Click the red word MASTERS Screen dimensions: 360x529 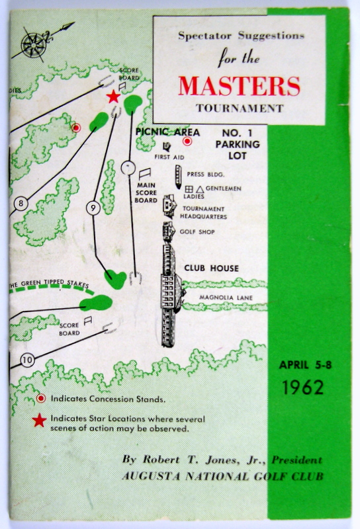[239, 86]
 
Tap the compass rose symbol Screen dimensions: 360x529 [34, 45]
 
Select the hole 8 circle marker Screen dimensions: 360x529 [21, 204]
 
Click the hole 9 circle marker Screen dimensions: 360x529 [93, 208]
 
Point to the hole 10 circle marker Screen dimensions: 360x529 [27, 360]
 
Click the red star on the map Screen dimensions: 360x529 [113, 97]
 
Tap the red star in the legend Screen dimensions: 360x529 [39, 421]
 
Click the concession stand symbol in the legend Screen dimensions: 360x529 [41, 399]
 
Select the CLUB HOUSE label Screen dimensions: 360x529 [211, 268]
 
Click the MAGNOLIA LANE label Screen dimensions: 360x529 [226, 298]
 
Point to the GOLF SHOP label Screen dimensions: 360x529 [197, 232]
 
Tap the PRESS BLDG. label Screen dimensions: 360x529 [205, 175]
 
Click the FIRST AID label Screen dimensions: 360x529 [169, 157]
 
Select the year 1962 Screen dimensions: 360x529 [303, 387]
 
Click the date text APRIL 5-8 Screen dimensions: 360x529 [305, 365]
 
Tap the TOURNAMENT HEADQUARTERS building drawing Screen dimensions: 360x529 [169, 206]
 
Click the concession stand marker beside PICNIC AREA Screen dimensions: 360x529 [187, 142]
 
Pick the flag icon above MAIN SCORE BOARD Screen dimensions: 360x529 [145, 174]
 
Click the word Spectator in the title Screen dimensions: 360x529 [204, 36]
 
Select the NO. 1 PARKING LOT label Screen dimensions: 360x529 [238, 144]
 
